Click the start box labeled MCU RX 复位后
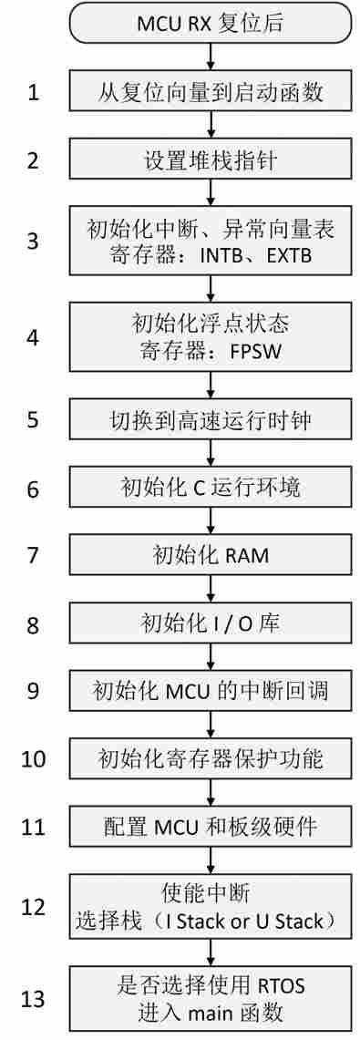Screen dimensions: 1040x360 pos(211,22)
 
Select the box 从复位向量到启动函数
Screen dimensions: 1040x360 pos(211,92)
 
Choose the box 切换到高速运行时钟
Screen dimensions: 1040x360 pos(211,420)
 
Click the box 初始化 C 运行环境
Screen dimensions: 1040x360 pos(211,488)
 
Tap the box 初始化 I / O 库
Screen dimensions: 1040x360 pos(211,623)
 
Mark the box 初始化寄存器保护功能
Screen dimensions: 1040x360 pos(211,757)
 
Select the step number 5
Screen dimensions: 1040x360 pos(33,420)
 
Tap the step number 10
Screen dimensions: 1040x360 pos(33,758)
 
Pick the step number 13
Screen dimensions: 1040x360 pos(33,999)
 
